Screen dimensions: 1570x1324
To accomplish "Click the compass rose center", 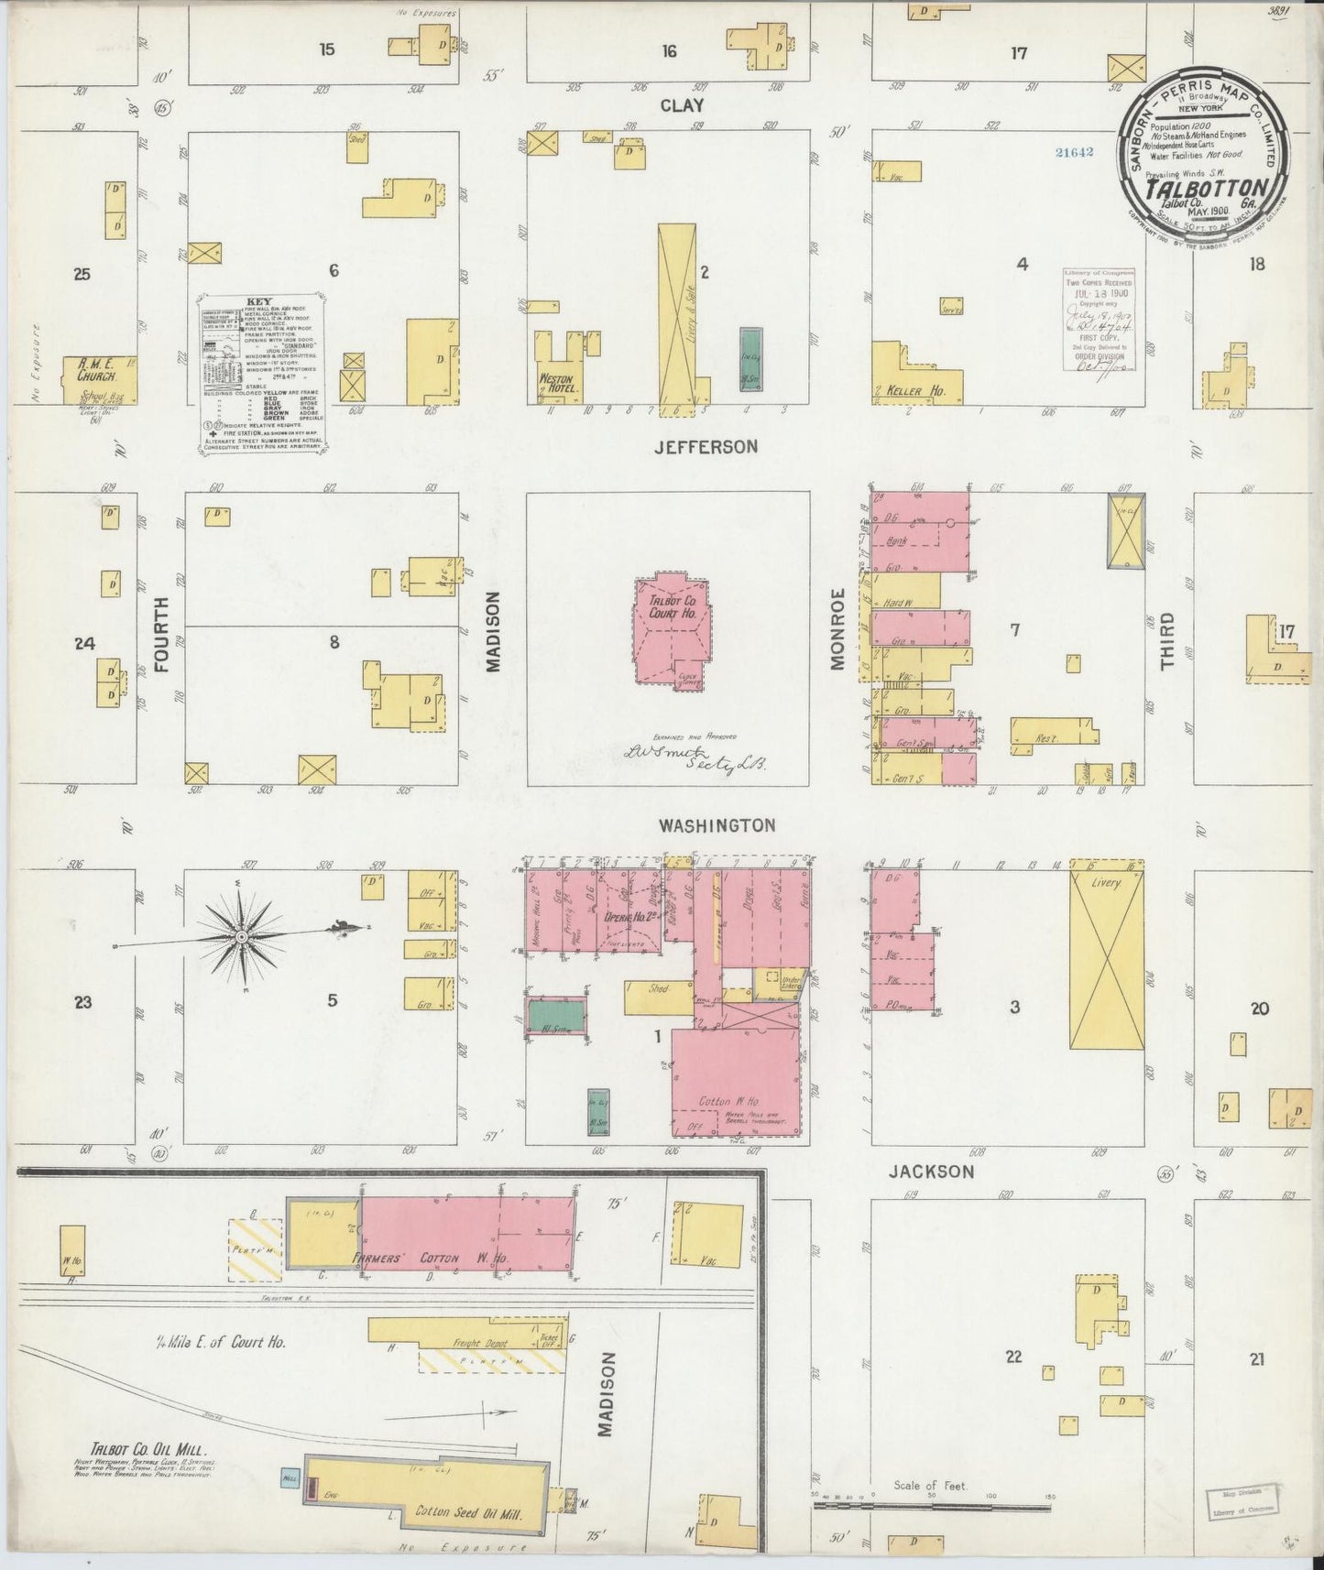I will [241, 937].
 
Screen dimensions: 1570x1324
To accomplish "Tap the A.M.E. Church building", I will [98, 376].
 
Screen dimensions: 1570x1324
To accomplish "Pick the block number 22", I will [1012, 1357].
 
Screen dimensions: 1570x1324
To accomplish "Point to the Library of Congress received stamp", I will [1098, 319].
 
